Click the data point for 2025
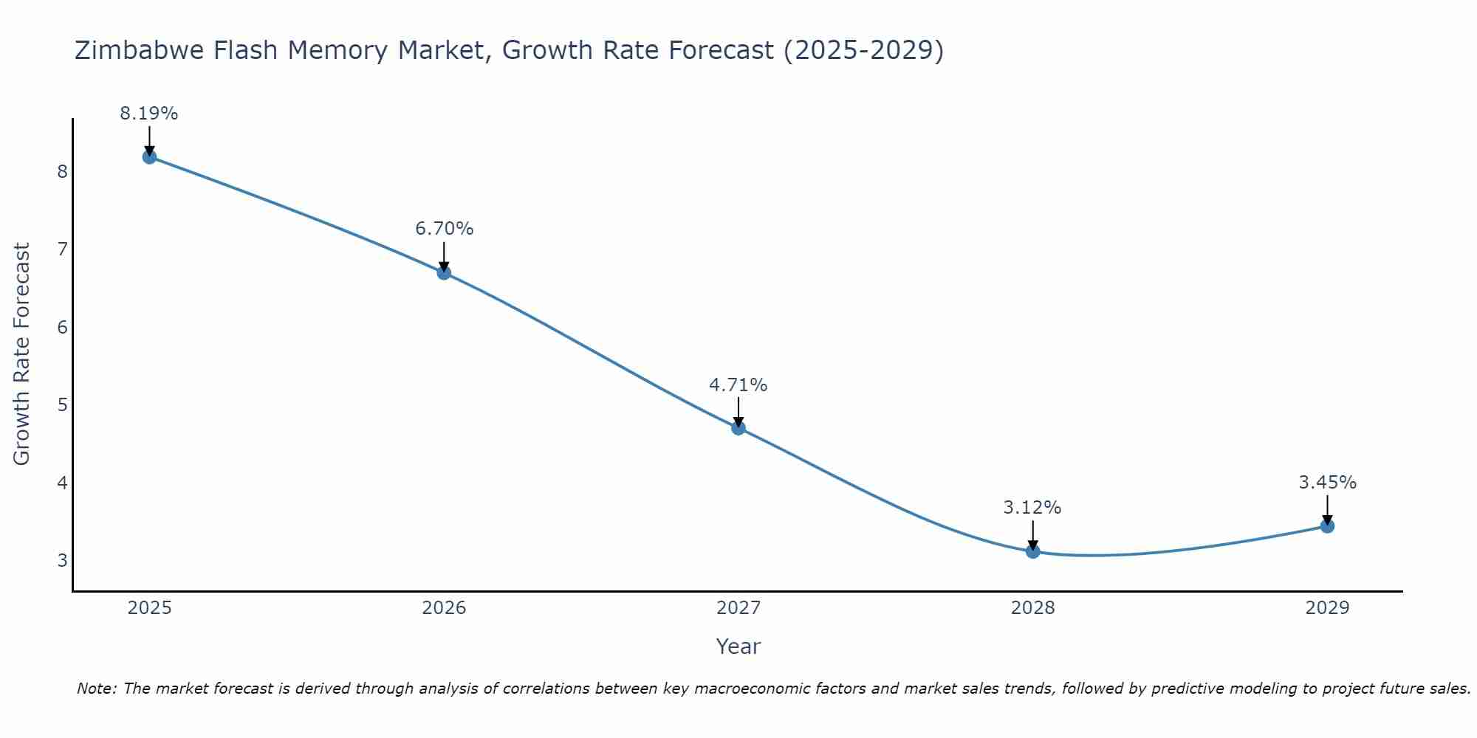click(x=149, y=156)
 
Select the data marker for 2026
click(x=444, y=272)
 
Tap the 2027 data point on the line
click(x=738, y=427)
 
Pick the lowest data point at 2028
click(x=1032, y=551)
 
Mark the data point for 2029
click(x=1327, y=525)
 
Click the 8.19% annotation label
click(x=149, y=114)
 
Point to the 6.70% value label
click(x=444, y=229)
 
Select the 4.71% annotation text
click(x=738, y=384)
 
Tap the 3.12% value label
click(x=1032, y=508)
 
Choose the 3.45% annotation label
click(x=1327, y=483)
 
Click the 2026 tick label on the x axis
click(x=444, y=608)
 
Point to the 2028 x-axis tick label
click(x=1032, y=608)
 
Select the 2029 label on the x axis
click(x=1327, y=608)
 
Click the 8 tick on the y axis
click(x=62, y=171)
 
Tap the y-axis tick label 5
click(x=62, y=404)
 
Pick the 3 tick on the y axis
click(x=62, y=560)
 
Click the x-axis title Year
click(x=738, y=646)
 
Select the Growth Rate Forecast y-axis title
click(x=22, y=354)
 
